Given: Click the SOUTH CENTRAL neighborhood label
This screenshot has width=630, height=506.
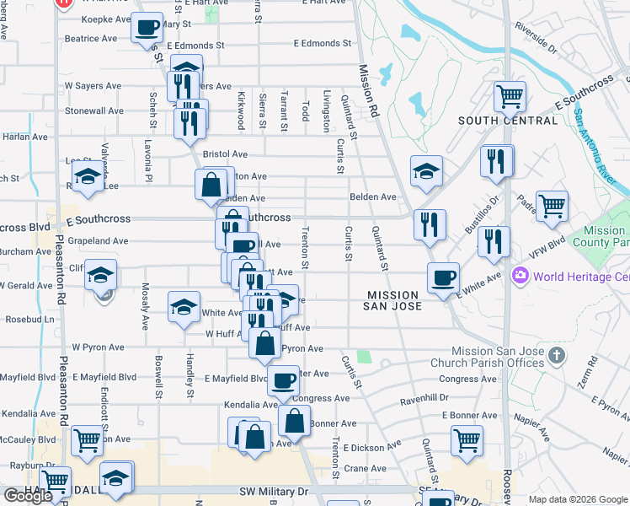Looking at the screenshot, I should coord(507,121).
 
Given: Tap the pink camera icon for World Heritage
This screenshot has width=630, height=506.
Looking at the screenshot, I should coord(521,276).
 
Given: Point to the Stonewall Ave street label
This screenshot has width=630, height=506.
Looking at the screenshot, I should coord(94,110).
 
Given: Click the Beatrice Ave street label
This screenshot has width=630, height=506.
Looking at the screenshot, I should coord(91,39).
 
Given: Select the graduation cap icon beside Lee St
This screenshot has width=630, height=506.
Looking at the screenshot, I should coord(88,177).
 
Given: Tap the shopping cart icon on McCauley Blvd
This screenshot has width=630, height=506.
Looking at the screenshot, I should coord(87,439).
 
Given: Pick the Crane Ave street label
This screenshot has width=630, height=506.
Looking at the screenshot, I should coord(365,468).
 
